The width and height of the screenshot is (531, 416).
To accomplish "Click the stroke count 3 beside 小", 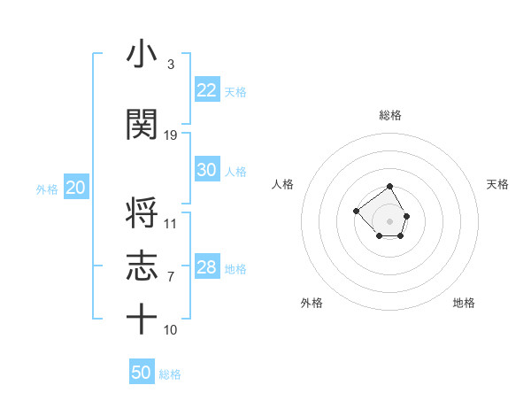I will pos(170,65).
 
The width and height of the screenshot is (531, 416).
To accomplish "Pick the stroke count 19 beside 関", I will pos(171,135).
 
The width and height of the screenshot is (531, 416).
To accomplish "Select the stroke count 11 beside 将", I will pos(171,223).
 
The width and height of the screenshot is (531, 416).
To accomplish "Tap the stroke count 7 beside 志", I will pos(170,277).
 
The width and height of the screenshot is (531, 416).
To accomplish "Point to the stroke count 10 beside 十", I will pos(171,329).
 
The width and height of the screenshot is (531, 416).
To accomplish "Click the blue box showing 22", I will pos(206,90).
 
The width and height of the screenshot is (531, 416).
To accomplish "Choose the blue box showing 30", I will pos(206,170).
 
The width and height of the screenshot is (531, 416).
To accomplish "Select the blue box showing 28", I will pos(206,267).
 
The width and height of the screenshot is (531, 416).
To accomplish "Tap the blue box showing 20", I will pos(75,188).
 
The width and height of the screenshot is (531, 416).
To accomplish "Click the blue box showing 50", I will pos(142,373).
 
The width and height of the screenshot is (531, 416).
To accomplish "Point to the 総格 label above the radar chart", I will pos(390,115).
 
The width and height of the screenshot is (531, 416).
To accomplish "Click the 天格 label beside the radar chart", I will pos(498,184).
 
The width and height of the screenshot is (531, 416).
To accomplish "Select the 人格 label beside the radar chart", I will pos(283,184).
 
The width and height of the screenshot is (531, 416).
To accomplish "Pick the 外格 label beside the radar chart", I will pos(312,303).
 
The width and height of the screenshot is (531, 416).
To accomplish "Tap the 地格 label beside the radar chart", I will pos(464,303).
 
